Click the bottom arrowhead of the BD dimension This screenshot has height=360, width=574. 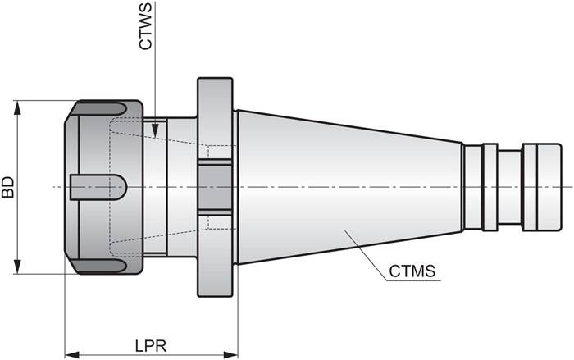click(x=16, y=268)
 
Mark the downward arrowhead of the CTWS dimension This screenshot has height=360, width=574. click(x=155, y=129)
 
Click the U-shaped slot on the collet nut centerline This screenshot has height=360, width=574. click(x=98, y=187)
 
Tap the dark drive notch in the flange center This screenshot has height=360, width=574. click(x=216, y=187)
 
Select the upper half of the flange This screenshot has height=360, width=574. click(x=216, y=115)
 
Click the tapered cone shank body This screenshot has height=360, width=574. click(x=344, y=187)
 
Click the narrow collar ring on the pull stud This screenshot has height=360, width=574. click(x=490, y=187)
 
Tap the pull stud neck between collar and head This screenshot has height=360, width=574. click(x=509, y=187)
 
